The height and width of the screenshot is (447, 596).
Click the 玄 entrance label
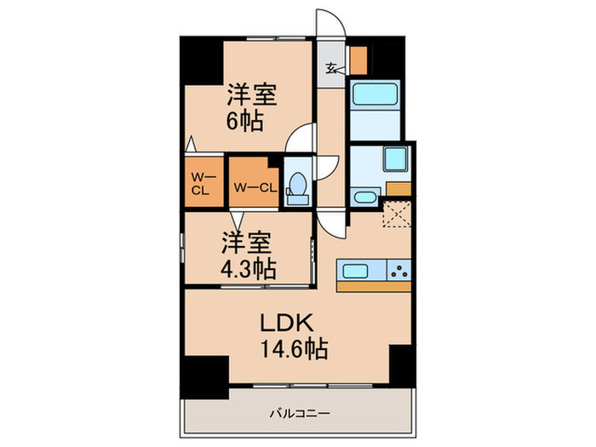click(x=331, y=71)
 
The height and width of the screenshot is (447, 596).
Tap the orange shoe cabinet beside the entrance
click(x=358, y=59)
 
